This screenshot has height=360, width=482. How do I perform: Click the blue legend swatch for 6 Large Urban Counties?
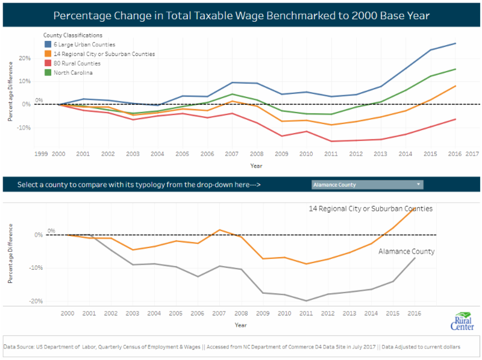48,45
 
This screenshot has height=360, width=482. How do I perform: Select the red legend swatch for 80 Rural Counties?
48,63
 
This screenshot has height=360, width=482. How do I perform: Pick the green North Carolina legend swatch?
48,73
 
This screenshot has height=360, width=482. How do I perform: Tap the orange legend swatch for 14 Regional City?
48,54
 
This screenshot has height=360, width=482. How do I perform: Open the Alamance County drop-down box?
368,185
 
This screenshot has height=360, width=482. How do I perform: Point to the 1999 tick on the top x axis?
40,154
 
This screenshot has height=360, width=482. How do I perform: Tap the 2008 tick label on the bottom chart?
241,314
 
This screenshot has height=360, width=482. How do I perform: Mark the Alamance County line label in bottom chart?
406,252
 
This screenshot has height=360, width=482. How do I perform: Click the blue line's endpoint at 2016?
455,43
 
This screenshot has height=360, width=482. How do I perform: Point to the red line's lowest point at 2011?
331,141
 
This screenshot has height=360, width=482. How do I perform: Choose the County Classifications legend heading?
73,36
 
